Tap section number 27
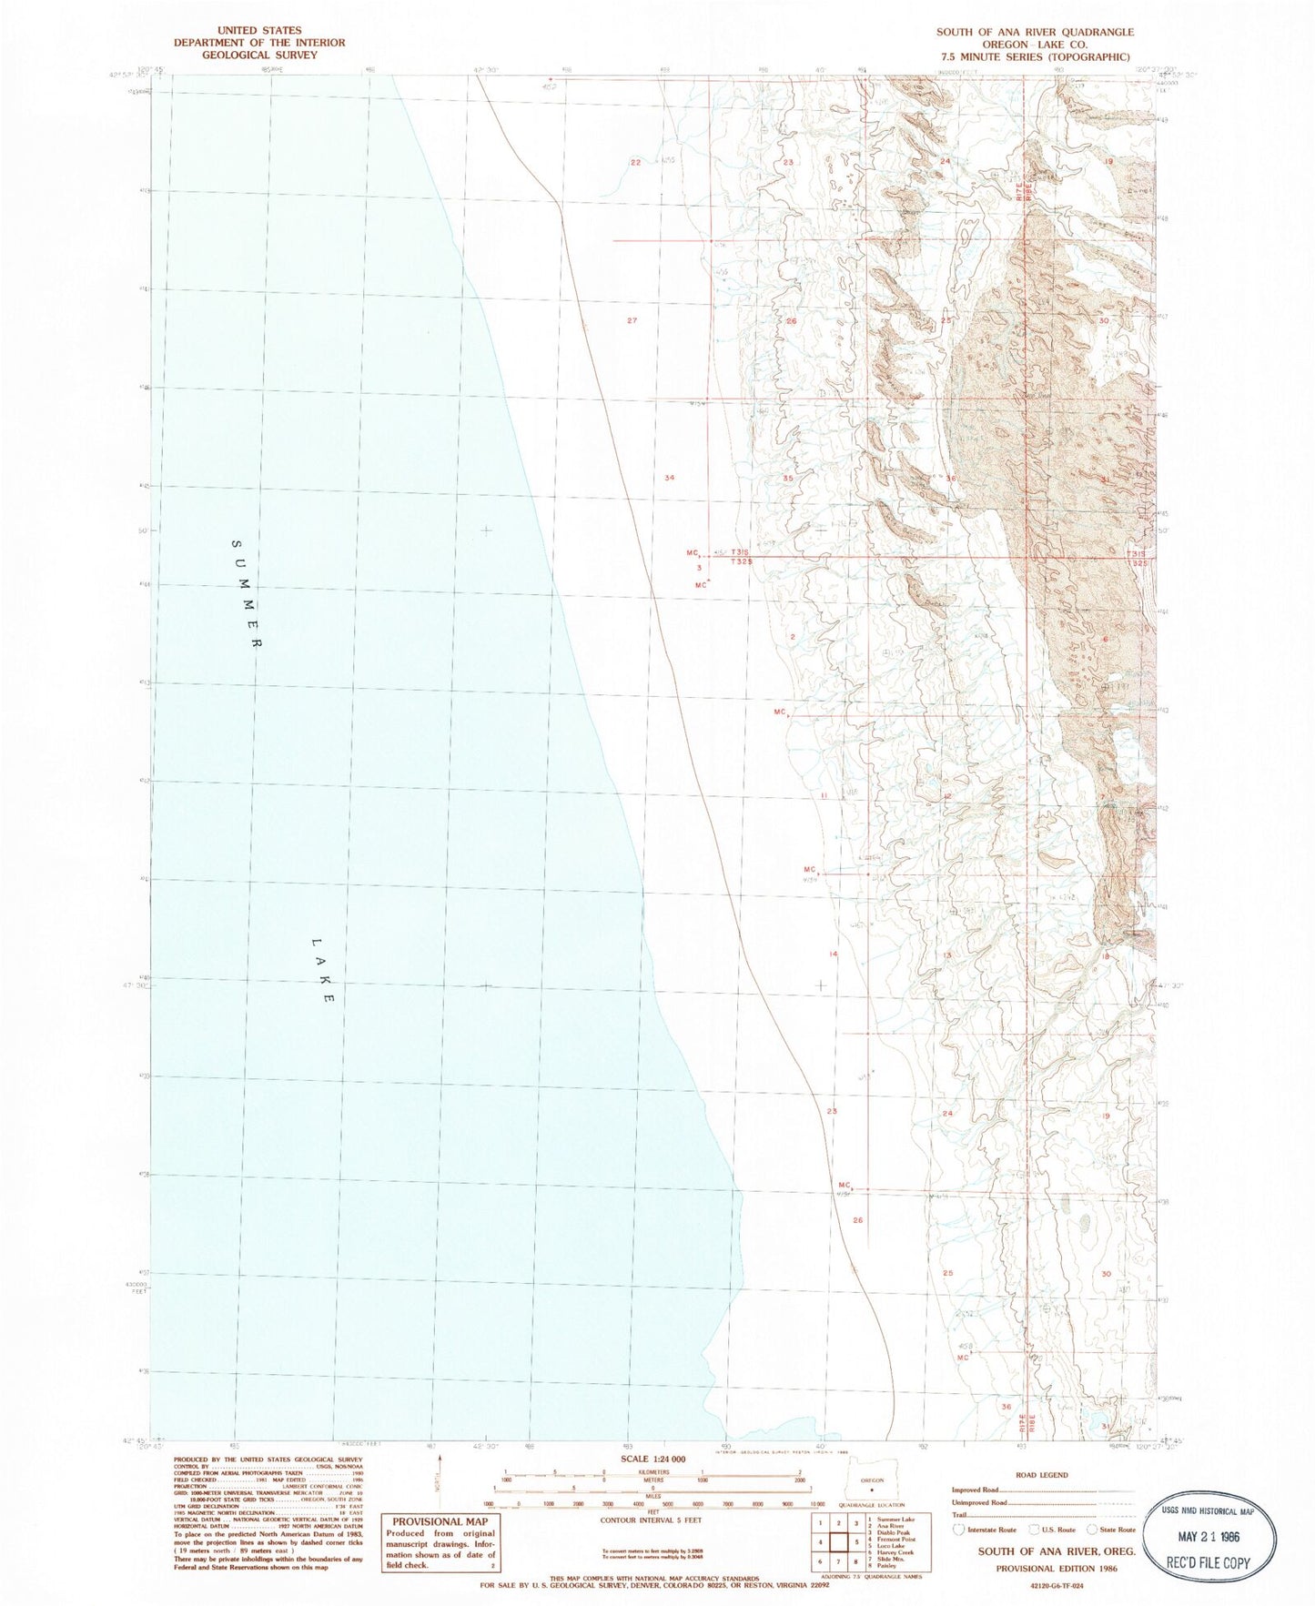click(632, 320)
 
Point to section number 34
click(670, 477)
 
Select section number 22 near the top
click(636, 162)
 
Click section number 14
click(832, 954)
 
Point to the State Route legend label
click(1118, 1530)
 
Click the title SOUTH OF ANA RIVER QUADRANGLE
click(1035, 32)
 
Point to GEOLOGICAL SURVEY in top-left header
click(259, 55)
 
